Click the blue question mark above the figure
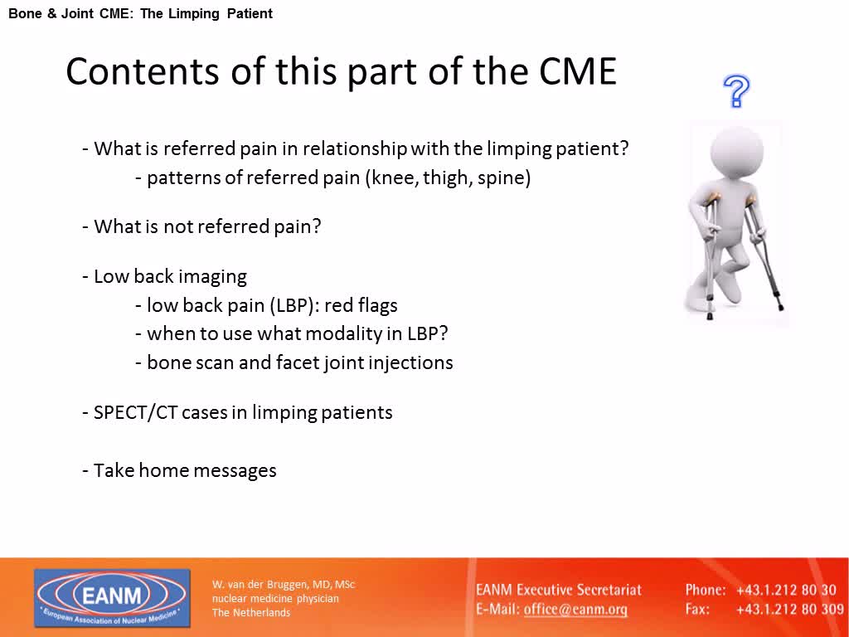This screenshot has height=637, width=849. point(736,91)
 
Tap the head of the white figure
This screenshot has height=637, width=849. point(737,153)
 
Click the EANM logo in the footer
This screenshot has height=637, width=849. point(112,597)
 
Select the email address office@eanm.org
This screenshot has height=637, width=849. point(575,610)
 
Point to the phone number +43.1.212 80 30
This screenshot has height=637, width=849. point(786,590)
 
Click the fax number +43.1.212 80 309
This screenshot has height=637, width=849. point(790,610)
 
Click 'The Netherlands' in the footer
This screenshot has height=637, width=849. point(250,613)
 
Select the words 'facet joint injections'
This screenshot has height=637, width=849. point(365,363)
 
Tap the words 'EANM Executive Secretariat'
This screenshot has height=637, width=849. point(558,590)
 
